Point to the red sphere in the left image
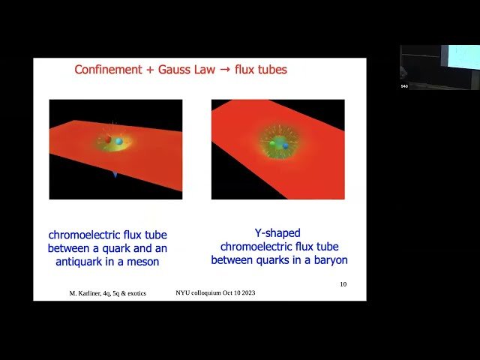pyautogui.click(x=108, y=139)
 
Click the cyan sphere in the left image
pyautogui.click(x=118, y=141)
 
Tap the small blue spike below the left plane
pyautogui.click(x=115, y=173)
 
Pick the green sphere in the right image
pyautogui.click(x=274, y=143)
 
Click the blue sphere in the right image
pyautogui.click(x=285, y=145)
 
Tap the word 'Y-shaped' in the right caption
pyautogui.click(x=278, y=233)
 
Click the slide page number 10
pyautogui.click(x=343, y=284)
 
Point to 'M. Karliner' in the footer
pyautogui.click(x=86, y=292)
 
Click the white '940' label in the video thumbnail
pyautogui.click(x=403, y=86)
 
